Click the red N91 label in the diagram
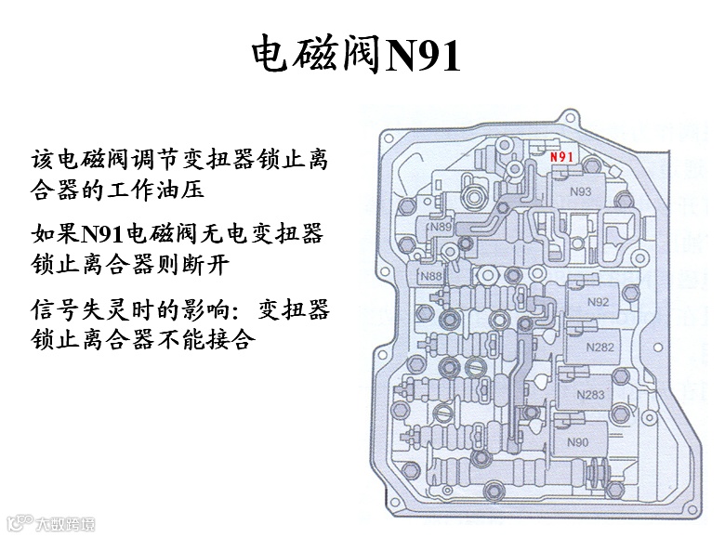click(561, 156)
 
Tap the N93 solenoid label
click(581, 192)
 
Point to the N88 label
click(430, 276)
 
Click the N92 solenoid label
click(600, 302)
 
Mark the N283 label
click(590, 395)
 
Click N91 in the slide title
click(423, 57)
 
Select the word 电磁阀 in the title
click(317, 57)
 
